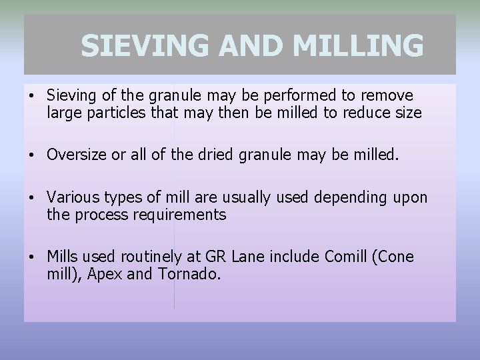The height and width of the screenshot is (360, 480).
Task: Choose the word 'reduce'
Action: point(366,113)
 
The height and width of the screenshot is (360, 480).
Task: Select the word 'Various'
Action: point(71,197)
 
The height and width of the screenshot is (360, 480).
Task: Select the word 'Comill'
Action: point(346,257)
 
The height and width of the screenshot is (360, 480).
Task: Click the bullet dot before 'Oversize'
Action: point(32,156)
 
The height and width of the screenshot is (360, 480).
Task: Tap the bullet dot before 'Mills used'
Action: point(32,257)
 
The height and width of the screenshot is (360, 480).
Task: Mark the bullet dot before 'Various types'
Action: point(32,198)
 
